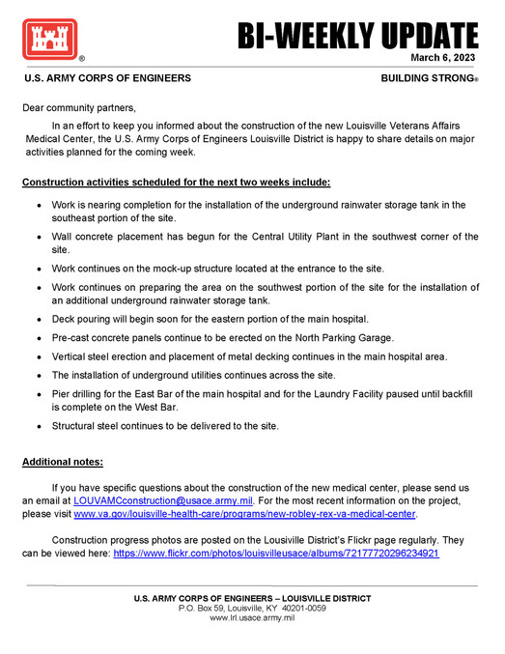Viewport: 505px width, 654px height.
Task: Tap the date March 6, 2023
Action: click(x=444, y=58)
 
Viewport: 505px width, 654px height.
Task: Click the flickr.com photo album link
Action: click(x=276, y=554)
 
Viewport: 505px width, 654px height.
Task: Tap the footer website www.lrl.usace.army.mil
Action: click(x=252, y=617)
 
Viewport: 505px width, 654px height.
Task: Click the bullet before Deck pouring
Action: click(x=38, y=320)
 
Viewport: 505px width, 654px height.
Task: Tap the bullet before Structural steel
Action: click(x=38, y=425)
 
